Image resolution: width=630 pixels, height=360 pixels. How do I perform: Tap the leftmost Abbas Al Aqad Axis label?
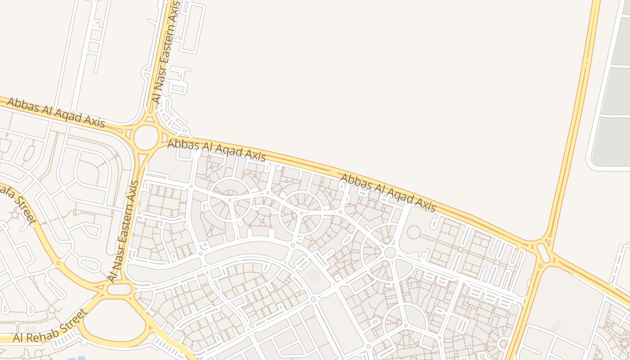click(x=56, y=113)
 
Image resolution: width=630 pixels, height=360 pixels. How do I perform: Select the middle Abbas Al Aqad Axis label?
click(x=216, y=151)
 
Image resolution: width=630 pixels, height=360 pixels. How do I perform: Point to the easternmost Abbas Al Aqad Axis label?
click(x=388, y=193)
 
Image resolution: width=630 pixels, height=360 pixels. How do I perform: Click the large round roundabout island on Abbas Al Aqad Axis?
click(x=146, y=138)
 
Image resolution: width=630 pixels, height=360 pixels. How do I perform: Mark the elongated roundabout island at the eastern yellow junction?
click(x=544, y=253)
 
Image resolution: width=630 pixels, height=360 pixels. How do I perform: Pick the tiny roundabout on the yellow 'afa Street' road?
click(x=58, y=262)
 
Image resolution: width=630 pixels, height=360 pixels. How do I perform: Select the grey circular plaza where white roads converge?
click(x=390, y=252)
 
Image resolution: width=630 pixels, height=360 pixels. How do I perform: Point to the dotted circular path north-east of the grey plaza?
click(x=413, y=232)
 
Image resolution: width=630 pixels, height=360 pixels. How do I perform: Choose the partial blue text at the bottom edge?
click(x=72, y=358)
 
